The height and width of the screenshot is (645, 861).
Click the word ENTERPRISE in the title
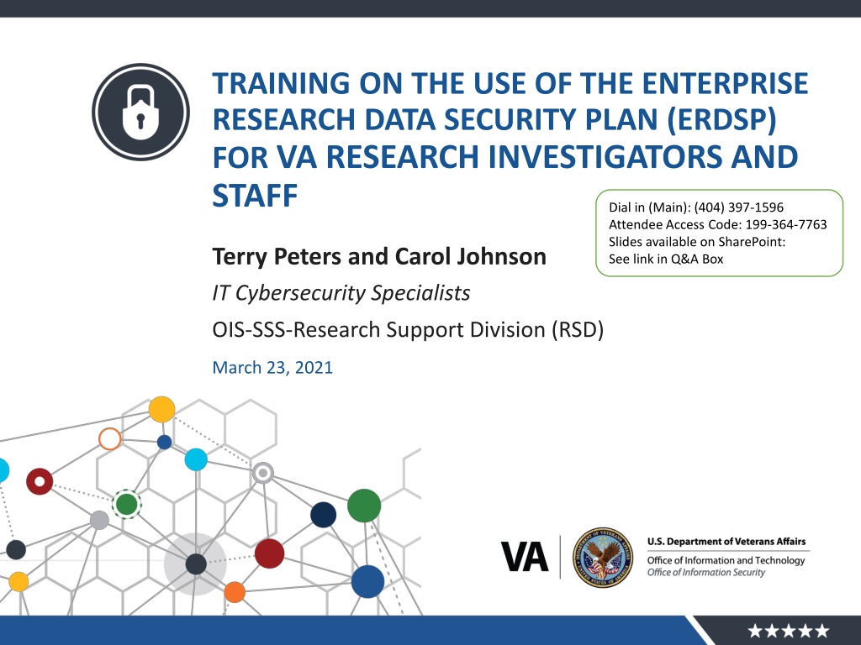coord(725,83)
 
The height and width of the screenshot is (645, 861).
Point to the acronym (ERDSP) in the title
coord(722,120)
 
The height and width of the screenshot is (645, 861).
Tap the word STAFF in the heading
coord(255,195)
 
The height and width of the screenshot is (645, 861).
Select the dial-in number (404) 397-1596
coord(738,207)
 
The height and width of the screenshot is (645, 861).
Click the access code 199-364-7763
coord(786,224)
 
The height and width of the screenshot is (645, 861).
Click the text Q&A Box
coord(697,259)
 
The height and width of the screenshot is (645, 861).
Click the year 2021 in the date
coord(314,368)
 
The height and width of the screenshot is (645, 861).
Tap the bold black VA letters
coord(525,557)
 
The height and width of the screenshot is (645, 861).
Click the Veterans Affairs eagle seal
coord(602,558)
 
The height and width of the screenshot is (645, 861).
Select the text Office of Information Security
coord(705,572)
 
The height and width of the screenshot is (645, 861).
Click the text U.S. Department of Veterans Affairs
coord(726,542)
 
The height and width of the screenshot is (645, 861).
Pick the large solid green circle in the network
coord(364,505)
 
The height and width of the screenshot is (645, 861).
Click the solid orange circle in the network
coord(235,592)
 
